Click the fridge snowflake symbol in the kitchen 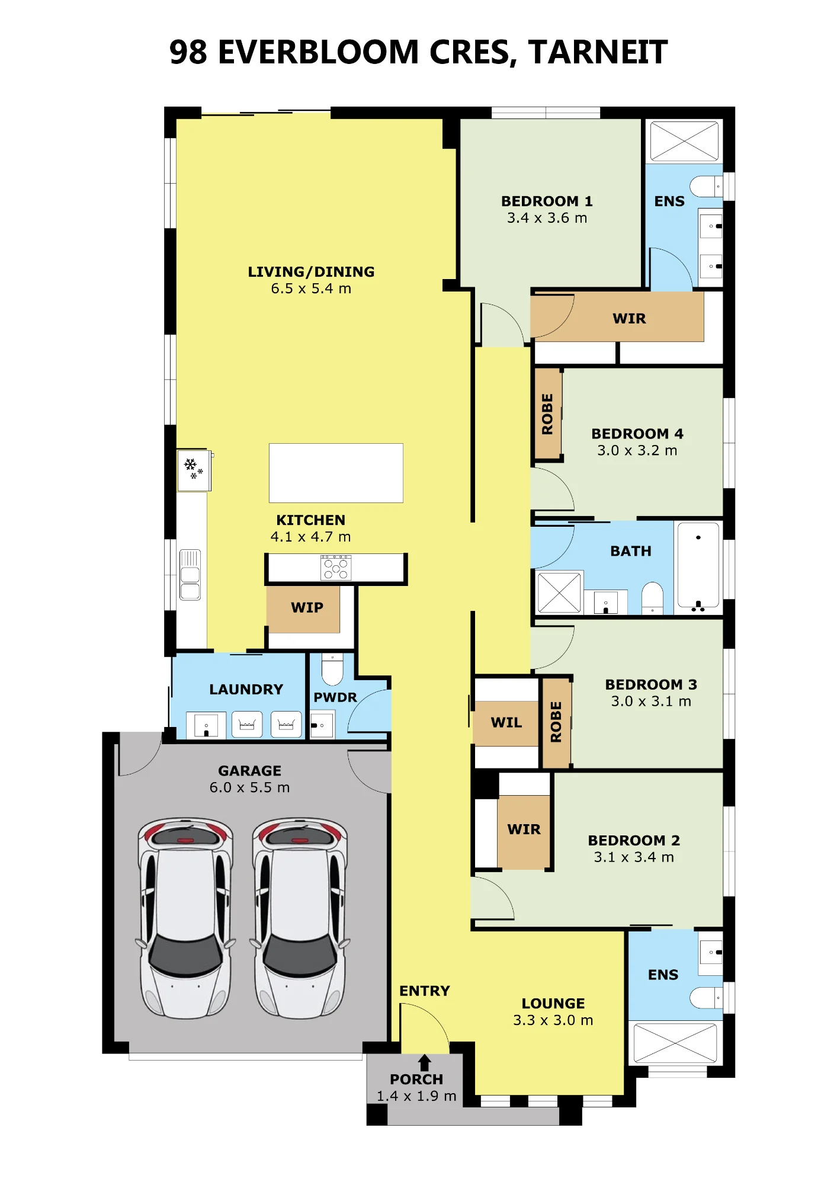coord(193,468)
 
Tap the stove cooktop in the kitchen coord(336,568)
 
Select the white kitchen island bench coord(336,473)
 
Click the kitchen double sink coord(190,575)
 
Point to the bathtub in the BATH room coord(698,565)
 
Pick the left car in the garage coord(185,918)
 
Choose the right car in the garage coord(300,918)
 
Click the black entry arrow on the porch coord(424,1062)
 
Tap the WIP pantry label coord(307,607)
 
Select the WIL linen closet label coord(506,722)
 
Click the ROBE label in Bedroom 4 coord(547,414)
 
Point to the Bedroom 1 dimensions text coord(547,218)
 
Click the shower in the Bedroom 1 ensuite coord(684,141)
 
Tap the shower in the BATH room coord(559,592)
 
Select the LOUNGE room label coord(553,1003)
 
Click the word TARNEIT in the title coord(598,52)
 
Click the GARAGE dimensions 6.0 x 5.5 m coord(249,787)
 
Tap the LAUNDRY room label coord(246,689)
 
